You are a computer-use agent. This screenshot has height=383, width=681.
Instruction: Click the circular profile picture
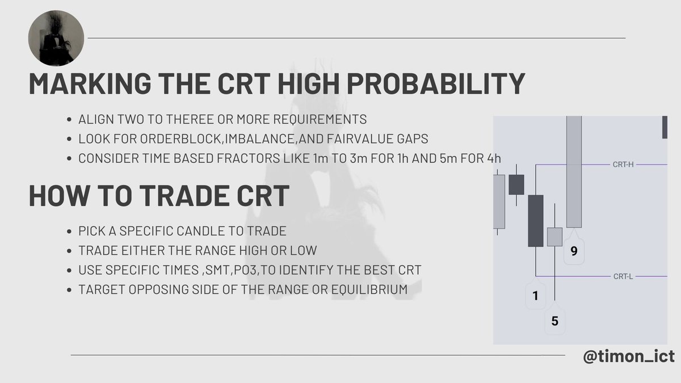pos(56,38)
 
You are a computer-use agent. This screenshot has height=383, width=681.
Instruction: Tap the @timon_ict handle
pos(628,356)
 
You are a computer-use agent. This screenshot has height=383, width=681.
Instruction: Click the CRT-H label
pos(623,165)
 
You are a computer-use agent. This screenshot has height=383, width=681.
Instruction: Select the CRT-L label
pos(623,276)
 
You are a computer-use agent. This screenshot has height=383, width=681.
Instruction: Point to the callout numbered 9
pos(574,251)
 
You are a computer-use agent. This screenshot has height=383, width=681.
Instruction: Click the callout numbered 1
pos(536,294)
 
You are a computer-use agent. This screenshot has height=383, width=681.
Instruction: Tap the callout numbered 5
pos(554,321)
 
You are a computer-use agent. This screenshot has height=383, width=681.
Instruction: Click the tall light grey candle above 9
pos(574,170)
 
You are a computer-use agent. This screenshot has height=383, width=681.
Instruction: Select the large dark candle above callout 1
pos(536,220)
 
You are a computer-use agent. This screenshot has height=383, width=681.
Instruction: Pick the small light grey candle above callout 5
pos(554,237)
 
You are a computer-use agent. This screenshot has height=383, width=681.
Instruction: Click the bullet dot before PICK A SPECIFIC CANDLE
pos(69,232)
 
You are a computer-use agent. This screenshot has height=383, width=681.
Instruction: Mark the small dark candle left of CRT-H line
pos(516,184)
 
